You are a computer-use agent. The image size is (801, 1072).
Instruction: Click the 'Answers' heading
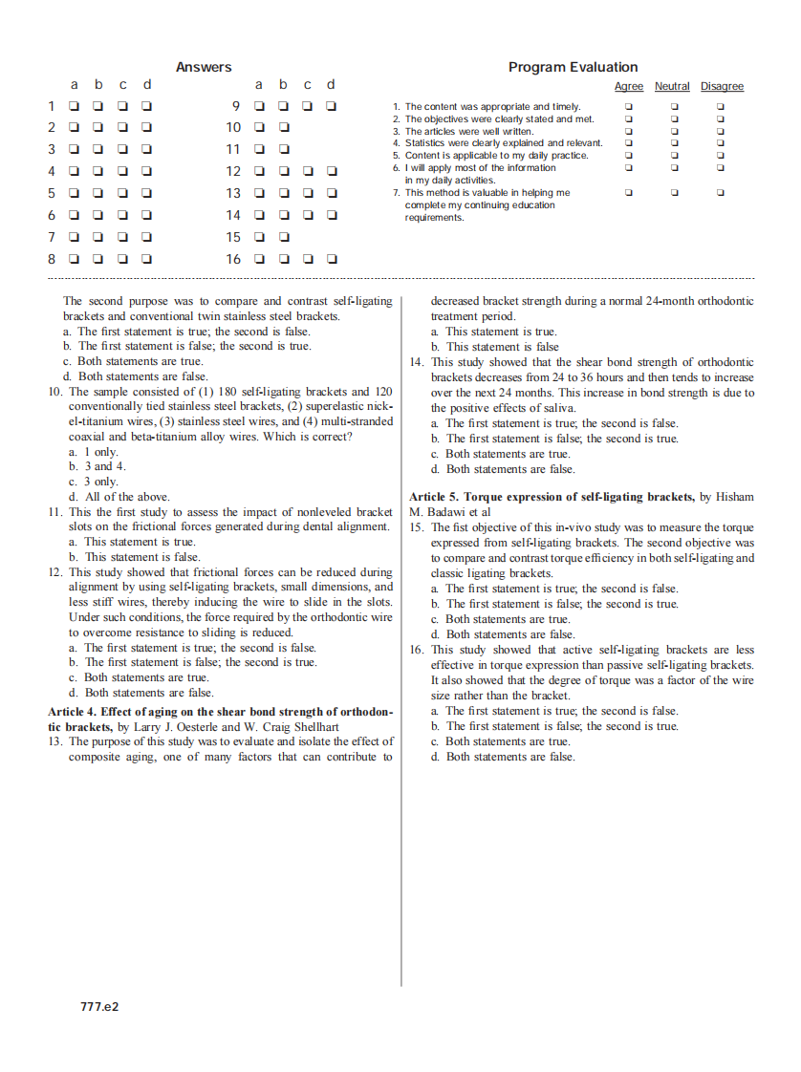(x=204, y=67)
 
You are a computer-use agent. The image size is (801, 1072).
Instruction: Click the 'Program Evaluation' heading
(x=573, y=67)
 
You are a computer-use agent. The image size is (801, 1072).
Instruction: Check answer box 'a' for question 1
(x=74, y=106)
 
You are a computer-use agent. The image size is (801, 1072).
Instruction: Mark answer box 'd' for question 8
(x=147, y=259)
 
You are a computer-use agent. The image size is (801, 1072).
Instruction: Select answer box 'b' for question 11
(x=284, y=149)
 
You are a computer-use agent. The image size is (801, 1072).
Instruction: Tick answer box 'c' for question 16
(x=308, y=259)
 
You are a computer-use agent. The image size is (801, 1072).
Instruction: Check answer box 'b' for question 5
(x=98, y=193)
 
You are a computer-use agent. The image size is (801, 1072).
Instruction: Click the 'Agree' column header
(x=628, y=87)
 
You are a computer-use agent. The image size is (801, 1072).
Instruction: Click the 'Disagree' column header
(x=722, y=87)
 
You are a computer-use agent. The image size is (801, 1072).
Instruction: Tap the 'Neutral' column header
(x=672, y=87)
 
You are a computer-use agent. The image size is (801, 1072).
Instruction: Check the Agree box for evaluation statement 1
(x=628, y=107)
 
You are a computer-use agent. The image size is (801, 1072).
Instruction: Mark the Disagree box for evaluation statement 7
(x=721, y=193)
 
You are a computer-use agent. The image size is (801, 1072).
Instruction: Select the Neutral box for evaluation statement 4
(x=674, y=143)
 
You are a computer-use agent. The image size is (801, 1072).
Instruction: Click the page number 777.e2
(x=99, y=1006)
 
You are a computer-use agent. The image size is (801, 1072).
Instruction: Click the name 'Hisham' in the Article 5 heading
(x=734, y=497)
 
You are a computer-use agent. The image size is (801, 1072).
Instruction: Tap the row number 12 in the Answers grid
(x=233, y=172)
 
